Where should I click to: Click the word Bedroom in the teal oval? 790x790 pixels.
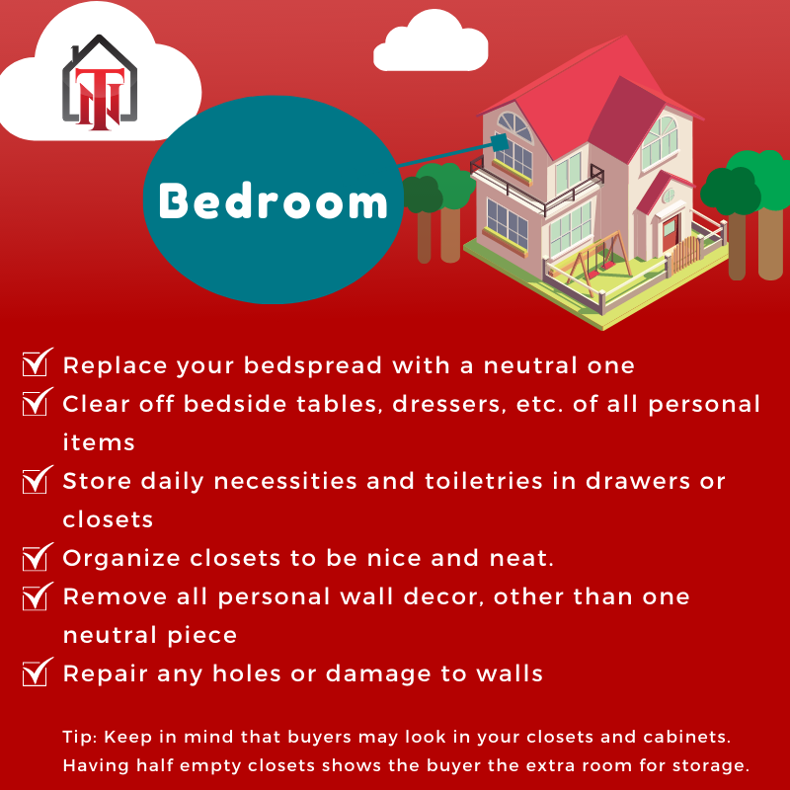click(x=274, y=201)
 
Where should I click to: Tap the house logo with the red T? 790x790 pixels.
click(x=100, y=82)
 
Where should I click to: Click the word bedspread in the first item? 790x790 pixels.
click(x=313, y=365)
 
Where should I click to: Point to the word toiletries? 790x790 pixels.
click(x=484, y=481)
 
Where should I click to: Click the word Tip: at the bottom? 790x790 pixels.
click(x=80, y=737)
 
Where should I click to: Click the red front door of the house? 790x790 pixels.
click(x=670, y=233)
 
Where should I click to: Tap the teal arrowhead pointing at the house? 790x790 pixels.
click(x=501, y=142)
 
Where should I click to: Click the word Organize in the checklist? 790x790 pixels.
click(x=121, y=558)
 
